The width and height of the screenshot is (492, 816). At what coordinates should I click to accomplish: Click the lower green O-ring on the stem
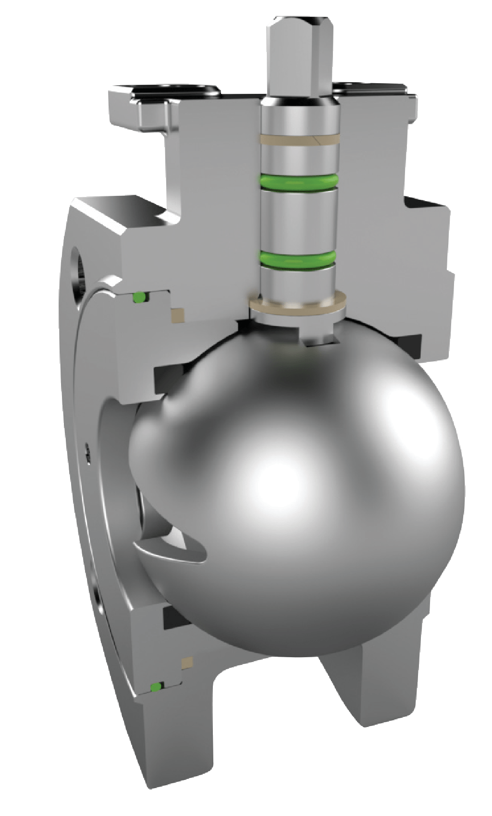point(299,258)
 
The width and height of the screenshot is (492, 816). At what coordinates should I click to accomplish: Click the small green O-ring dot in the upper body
point(138,298)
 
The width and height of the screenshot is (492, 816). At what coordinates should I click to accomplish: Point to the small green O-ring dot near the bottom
point(155,687)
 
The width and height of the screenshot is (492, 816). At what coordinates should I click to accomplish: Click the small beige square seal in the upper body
point(176,315)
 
